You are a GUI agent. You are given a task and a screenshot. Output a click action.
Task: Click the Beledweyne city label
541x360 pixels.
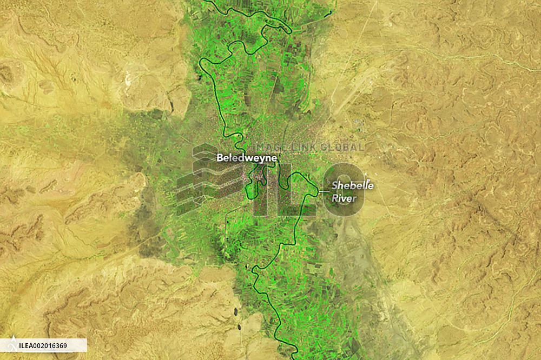(247, 158)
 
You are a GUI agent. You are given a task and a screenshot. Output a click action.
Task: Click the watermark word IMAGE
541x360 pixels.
(269, 147)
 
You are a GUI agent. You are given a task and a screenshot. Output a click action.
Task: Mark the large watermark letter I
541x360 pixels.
(263, 189)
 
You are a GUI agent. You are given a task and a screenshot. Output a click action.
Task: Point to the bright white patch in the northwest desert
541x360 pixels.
(129, 80)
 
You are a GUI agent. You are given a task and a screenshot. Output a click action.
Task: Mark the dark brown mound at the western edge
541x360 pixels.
(5, 73)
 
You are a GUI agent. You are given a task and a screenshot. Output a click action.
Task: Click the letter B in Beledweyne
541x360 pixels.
(220, 158)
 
